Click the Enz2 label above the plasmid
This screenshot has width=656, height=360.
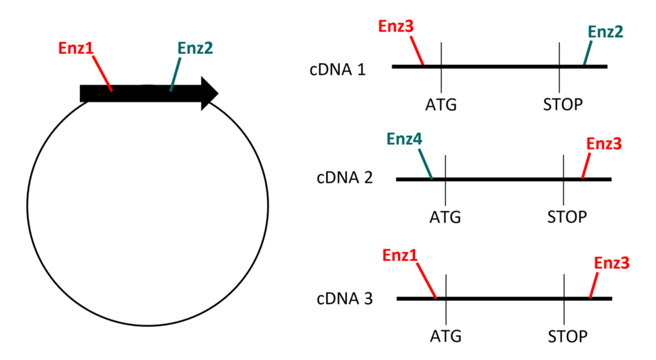pos(195,48)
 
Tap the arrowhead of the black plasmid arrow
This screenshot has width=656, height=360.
pos(209,93)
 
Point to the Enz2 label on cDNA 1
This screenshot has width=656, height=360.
pos(605,31)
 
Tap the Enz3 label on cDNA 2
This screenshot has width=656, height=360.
pos(604,143)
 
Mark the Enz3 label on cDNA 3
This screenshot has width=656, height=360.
pos(611,264)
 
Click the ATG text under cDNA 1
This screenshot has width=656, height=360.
pos(441,105)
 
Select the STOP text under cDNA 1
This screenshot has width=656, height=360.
pos(562,105)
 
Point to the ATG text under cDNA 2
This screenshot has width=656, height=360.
pos(445,216)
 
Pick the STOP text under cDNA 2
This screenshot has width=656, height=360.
pos(567,216)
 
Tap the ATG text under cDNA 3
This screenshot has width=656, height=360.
pos(446,337)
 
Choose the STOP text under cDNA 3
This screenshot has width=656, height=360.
pos(567,337)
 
